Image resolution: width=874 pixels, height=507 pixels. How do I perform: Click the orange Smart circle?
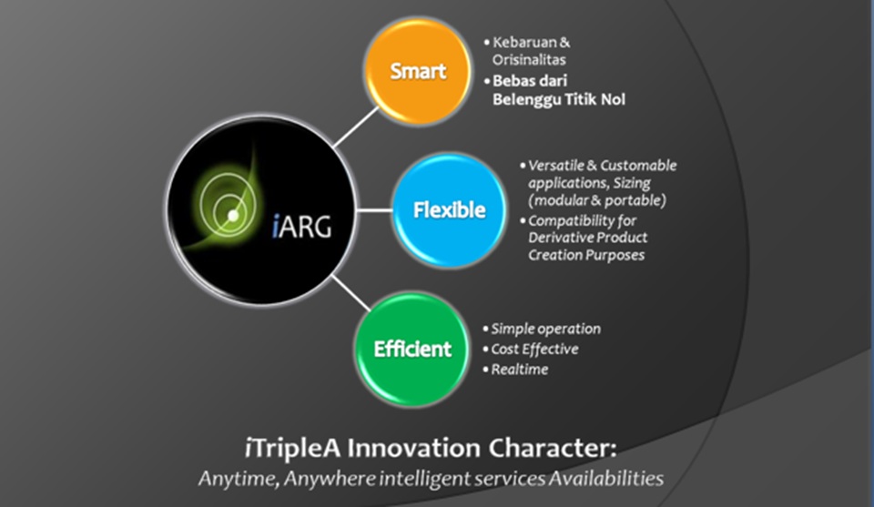(418, 71)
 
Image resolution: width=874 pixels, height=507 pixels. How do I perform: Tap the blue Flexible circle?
(449, 210)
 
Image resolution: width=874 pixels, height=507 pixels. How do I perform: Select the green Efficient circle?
(412, 350)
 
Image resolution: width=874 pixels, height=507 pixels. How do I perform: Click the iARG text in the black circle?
(301, 227)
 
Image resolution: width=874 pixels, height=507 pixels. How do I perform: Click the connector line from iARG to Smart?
(357, 127)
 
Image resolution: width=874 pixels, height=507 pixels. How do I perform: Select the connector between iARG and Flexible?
(374, 210)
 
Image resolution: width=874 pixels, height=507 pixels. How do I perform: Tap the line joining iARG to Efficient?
(351, 293)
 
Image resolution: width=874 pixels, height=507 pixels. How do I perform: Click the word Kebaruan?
(524, 43)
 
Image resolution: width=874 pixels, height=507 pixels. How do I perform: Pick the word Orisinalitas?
(529, 59)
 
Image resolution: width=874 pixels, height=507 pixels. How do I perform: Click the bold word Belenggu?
(527, 100)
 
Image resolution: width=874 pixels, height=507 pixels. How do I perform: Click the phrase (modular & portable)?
(597, 200)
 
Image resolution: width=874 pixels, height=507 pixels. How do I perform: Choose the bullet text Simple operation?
(545, 329)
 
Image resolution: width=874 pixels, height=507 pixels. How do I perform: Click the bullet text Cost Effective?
(534, 349)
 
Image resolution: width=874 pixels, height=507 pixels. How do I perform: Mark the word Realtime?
(520, 370)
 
